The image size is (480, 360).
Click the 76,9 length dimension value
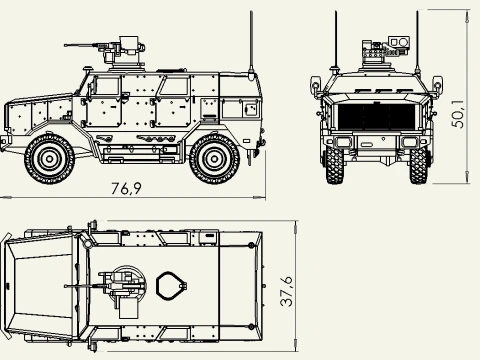126,189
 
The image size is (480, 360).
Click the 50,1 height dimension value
457,114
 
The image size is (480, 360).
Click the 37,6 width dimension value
286,291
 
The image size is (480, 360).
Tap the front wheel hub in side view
49,159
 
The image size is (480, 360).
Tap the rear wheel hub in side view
214,159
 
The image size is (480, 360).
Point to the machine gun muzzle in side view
66,45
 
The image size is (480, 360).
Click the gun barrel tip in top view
65,286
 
